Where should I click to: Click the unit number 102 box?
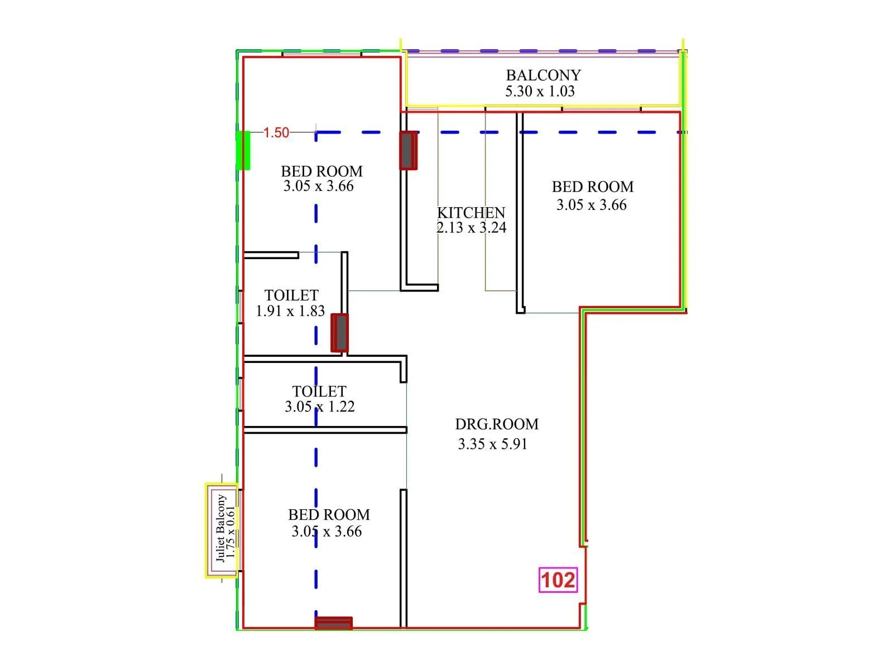[x=558, y=580]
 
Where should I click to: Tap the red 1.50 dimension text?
[x=276, y=133]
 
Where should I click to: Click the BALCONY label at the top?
[x=543, y=75]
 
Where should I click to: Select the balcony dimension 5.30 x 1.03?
[x=540, y=92]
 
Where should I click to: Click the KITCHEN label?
[x=471, y=213]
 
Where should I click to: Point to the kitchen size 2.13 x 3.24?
[x=471, y=228]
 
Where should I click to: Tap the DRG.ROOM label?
[x=497, y=424]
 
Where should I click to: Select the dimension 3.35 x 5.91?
[x=492, y=444]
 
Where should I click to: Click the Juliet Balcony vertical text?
[x=220, y=528]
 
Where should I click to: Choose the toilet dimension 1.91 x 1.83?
[x=290, y=312]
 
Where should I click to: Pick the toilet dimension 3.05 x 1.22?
[x=319, y=407]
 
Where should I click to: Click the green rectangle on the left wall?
[x=243, y=150]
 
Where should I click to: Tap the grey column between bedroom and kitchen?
[x=408, y=150]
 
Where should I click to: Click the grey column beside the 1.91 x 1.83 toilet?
[x=339, y=333]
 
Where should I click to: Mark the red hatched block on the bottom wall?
[x=333, y=623]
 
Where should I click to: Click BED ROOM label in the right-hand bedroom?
[x=592, y=187]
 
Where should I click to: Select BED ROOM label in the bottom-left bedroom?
[x=329, y=515]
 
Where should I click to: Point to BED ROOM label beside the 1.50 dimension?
[x=321, y=171]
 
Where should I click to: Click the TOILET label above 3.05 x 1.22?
[x=319, y=391]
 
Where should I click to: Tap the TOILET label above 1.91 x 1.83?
[x=291, y=295]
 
